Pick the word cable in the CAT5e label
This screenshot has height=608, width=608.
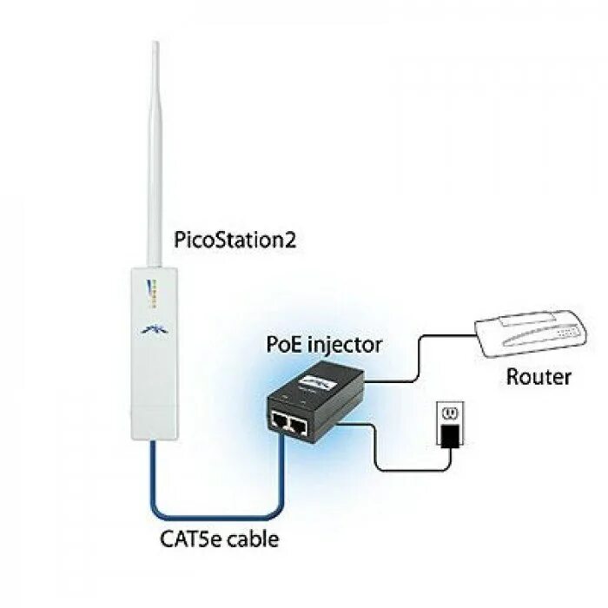253,539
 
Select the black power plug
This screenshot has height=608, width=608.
451,435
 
